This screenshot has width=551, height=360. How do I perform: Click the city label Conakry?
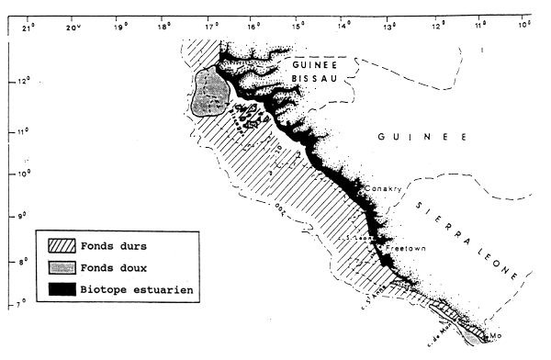tap(380, 189)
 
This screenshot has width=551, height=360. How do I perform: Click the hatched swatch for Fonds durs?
tap(62, 245)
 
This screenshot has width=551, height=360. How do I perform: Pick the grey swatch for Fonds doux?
tap(62, 268)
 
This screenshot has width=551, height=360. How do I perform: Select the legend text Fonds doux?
tap(118, 268)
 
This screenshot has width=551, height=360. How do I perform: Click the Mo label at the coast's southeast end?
tap(498, 336)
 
